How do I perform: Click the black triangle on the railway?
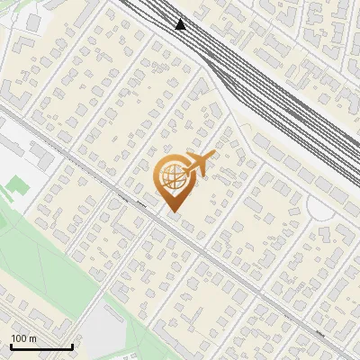[182, 24]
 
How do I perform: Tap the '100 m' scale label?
[24, 338]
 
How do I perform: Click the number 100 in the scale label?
[19, 338]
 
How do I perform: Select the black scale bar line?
[41, 346]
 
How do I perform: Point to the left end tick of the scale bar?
[11, 345]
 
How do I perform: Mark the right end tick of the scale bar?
[72, 345]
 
